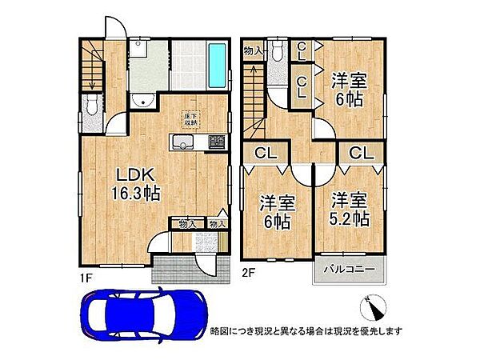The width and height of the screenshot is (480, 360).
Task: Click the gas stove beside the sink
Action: [x=217, y=142]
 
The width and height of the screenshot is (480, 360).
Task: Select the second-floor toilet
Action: [x=277, y=52]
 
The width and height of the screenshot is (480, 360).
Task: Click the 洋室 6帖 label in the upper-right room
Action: [x=348, y=90]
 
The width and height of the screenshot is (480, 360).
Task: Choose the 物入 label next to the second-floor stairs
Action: [x=254, y=51]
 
